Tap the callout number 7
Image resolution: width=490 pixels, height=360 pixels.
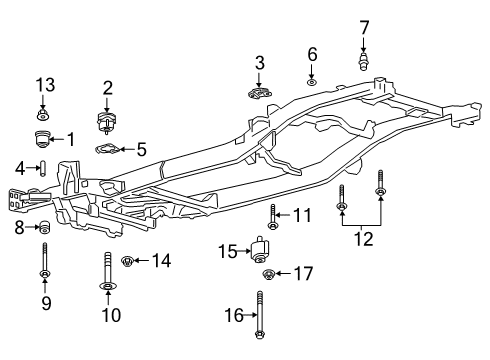pos(364,26)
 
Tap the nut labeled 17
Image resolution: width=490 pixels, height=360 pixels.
pos(268,275)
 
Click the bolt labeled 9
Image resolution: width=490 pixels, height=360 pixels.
pos(44,263)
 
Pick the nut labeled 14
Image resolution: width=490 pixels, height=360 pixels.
pos(126,262)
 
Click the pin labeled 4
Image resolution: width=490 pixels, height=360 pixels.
pos(44,167)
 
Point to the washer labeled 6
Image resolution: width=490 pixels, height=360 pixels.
pos(312,79)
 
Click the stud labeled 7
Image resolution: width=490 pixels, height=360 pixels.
pos(364,59)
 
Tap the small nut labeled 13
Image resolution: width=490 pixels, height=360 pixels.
pos(42,112)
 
